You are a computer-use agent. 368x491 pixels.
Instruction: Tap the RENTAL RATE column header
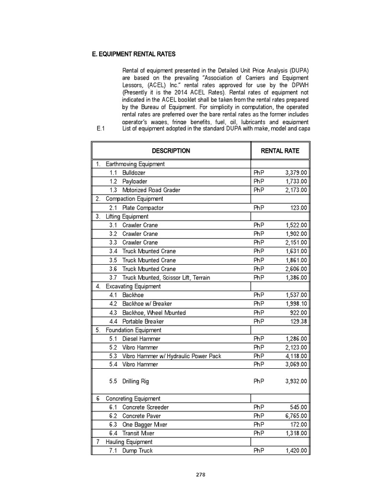[x=280, y=151]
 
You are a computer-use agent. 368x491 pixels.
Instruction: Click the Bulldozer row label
[x=134, y=173]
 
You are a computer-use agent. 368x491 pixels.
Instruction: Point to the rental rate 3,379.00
[x=296, y=173]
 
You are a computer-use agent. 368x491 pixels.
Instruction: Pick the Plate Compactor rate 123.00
[x=299, y=208]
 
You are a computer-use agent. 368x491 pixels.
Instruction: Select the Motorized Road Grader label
[x=151, y=190]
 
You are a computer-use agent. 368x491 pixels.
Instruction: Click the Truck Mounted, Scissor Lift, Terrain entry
[x=166, y=278]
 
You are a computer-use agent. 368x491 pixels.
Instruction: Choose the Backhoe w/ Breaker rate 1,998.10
[x=296, y=304]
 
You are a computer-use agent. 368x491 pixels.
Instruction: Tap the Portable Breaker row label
[x=143, y=321]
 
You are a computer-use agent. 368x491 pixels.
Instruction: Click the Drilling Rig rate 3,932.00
[x=296, y=381]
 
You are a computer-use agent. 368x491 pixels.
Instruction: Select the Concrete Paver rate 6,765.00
[x=296, y=416]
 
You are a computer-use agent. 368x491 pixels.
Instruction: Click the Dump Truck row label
[x=138, y=451]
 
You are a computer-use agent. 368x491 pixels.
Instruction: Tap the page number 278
[x=201, y=475]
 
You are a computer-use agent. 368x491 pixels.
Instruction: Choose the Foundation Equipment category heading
[x=134, y=330]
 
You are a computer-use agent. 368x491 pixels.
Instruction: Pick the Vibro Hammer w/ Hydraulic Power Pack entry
[x=172, y=356]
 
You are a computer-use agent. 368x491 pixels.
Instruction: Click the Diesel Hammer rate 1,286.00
[x=296, y=339]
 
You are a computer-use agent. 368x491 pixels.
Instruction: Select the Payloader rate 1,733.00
[x=296, y=182]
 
